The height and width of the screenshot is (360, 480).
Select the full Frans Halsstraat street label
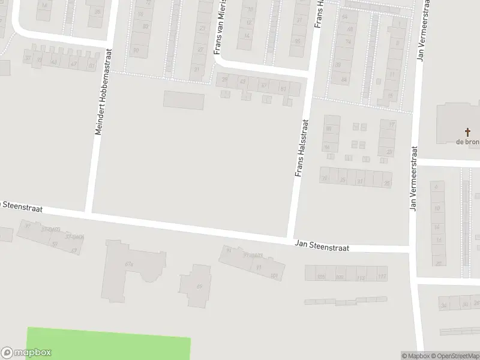pos(302,148)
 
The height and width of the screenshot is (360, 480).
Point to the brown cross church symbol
pos(467,132)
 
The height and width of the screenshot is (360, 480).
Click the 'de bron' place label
pos(467,142)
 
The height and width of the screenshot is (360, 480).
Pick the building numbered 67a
pos(128,264)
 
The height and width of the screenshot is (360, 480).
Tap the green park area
pos(108,344)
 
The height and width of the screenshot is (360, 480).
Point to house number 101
pos(274,275)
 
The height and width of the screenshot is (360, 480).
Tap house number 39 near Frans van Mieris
pos(225,80)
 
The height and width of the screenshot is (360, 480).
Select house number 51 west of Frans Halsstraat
pos(283,88)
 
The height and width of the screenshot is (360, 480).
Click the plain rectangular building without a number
pos(184,100)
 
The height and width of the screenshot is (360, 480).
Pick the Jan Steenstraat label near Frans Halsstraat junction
pos(322,246)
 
